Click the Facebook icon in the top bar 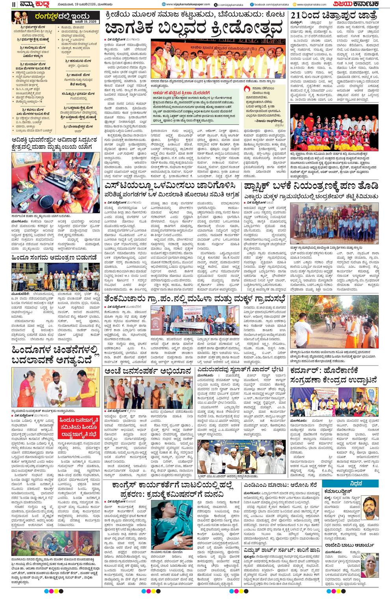252,5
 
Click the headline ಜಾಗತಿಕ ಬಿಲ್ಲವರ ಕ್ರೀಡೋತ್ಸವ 193,29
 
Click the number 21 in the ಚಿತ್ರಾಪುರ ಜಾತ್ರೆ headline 298,15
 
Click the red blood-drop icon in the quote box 247,89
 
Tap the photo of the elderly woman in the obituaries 370,564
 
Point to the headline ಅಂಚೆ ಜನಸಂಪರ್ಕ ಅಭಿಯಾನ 148,371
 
